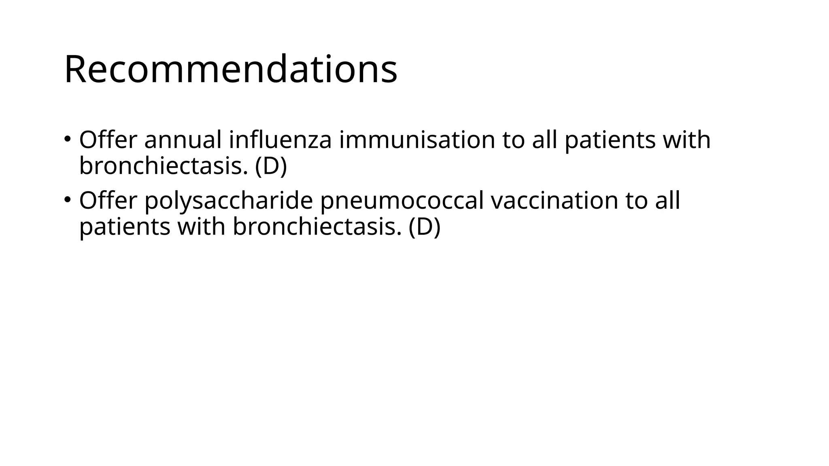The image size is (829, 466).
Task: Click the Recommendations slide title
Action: pyautogui.click(x=231, y=70)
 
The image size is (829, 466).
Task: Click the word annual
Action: pyautogui.click(x=183, y=140)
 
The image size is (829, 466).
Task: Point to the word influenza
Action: pyautogui.click(x=280, y=140)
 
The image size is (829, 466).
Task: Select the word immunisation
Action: pyautogui.click(x=417, y=140)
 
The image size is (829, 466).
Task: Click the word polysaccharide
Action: pyautogui.click(x=229, y=201)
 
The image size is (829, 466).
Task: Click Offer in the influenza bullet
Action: pyautogui.click(x=108, y=140)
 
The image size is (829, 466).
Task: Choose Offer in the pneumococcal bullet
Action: pyautogui.click(x=108, y=201)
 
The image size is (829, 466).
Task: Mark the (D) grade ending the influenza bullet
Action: pyautogui.click(x=271, y=166)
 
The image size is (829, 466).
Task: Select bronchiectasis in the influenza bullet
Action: pyautogui.click(x=164, y=166)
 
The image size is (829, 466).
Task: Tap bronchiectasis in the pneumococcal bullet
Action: pyautogui.click(x=317, y=227)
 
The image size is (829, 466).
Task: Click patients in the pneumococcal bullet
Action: pyautogui.click(x=125, y=227)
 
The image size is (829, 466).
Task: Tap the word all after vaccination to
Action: pyautogui.click(x=667, y=201)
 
